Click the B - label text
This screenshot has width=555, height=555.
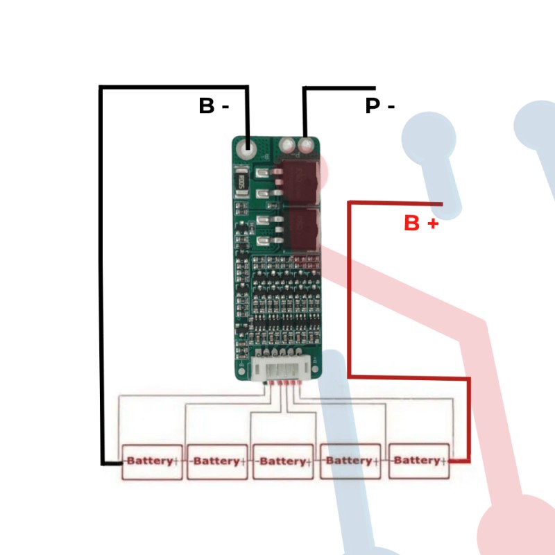tap(214, 106)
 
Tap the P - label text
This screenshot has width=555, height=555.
tap(379, 106)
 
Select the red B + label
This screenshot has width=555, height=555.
tap(421, 223)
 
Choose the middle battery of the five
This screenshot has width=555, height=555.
tap(283, 461)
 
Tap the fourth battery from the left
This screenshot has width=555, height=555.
tap(350, 461)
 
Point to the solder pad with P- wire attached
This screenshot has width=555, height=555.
tap(305, 146)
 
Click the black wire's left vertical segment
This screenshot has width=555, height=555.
tap(101, 277)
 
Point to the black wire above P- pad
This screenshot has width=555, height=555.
tap(305, 111)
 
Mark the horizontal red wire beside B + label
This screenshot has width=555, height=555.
tap(395, 203)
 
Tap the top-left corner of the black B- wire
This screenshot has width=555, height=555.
tap(101, 87)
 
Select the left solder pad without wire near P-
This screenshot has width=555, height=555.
tap(287, 145)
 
